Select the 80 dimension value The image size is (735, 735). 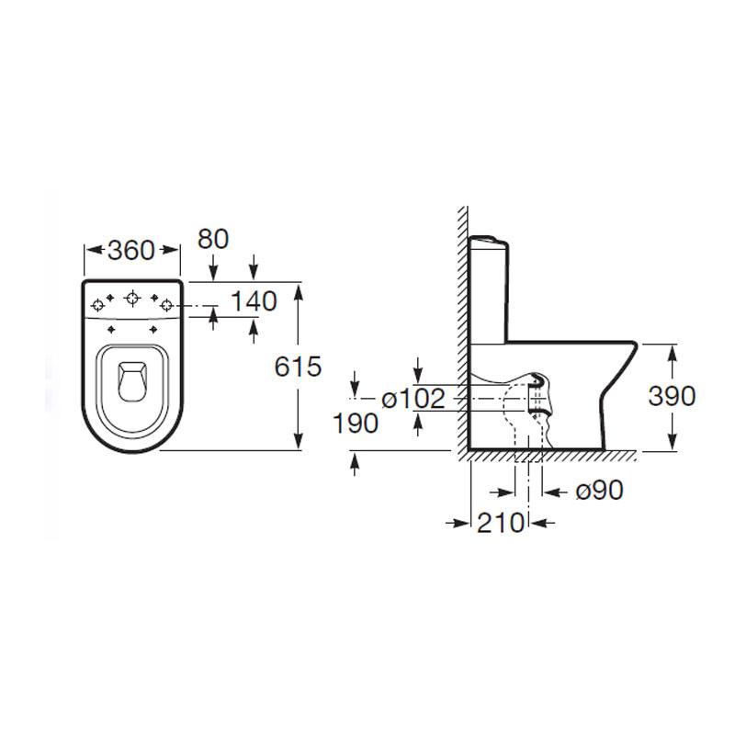pyautogui.click(x=212, y=239)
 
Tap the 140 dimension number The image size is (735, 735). pyautogui.click(x=254, y=300)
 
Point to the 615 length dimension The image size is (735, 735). pyautogui.click(x=299, y=367)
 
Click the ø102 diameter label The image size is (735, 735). pyautogui.click(x=413, y=399)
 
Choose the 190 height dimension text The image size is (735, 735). pyautogui.click(x=357, y=424)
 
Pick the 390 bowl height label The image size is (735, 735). pyautogui.click(x=673, y=396)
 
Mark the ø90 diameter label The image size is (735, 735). pyautogui.click(x=599, y=491)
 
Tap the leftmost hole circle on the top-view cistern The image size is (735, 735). pyautogui.click(x=98, y=303)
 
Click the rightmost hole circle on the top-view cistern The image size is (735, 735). pyautogui.click(x=166, y=303)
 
